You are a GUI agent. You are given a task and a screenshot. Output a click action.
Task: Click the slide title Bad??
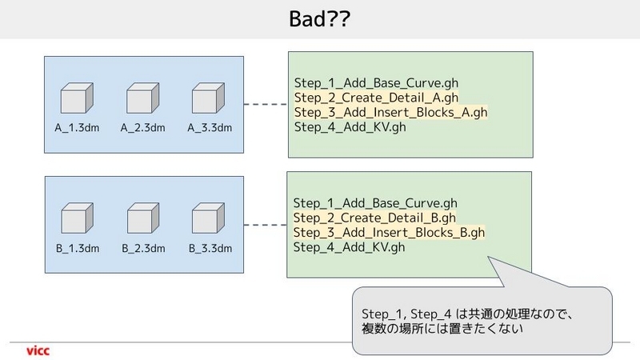pyautogui.click(x=319, y=18)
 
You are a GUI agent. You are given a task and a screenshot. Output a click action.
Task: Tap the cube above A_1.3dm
pyautogui.click(x=77, y=98)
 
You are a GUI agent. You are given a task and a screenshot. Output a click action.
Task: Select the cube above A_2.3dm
pyautogui.click(x=143, y=98)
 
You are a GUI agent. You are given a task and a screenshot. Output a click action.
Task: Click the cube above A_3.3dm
pyautogui.click(x=208, y=98)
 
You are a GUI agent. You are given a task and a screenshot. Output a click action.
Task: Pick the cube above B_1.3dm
pyautogui.click(x=77, y=218)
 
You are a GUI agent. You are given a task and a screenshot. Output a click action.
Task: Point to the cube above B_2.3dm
pyautogui.click(x=143, y=218)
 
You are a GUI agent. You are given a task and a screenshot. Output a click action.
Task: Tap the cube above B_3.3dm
pyautogui.click(x=208, y=218)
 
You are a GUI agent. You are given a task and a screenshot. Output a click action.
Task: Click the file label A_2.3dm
pyautogui.click(x=143, y=128)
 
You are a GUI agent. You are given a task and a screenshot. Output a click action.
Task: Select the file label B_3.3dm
pyautogui.click(x=210, y=248)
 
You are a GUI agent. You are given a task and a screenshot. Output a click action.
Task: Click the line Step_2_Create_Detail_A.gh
pyautogui.click(x=376, y=98)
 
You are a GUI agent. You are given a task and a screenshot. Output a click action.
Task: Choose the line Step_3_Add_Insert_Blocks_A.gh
pyautogui.click(x=390, y=112)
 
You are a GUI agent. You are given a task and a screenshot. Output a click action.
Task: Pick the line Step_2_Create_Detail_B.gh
pyautogui.click(x=374, y=218)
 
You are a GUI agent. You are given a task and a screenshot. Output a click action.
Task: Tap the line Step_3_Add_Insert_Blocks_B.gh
pyautogui.click(x=389, y=232)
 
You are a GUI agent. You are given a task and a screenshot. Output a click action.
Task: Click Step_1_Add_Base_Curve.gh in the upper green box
pyautogui.click(x=376, y=83)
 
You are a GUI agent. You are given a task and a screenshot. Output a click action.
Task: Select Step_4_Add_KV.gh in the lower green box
pyautogui.click(x=349, y=247)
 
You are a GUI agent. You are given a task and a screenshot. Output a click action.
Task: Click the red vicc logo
pyautogui.click(x=38, y=350)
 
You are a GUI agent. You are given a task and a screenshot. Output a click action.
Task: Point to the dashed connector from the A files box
pyautogui.click(x=266, y=104)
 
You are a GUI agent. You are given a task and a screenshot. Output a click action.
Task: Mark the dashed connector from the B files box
pyautogui.click(x=266, y=225)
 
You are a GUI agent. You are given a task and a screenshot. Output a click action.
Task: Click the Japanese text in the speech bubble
pyautogui.click(x=468, y=321)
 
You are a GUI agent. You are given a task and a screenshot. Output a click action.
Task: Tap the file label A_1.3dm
pyautogui.click(x=77, y=128)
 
